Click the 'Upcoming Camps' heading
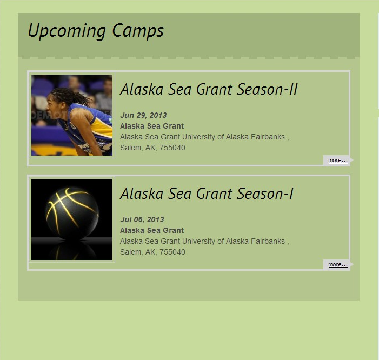tap(96, 31)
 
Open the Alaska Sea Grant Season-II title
tap(209, 89)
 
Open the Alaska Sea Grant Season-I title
tap(207, 194)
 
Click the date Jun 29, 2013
tap(143, 115)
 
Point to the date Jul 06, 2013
tap(142, 219)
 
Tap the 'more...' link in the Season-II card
tap(338, 160)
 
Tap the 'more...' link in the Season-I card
tap(338, 264)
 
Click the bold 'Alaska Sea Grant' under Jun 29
tap(152, 126)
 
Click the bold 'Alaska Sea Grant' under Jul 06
tap(152, 230)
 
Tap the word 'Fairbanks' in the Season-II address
tap(268, 137)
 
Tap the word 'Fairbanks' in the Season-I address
tap(268, 242)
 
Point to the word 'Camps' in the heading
tap(138, 31)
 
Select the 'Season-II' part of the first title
tap(267, 89)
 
